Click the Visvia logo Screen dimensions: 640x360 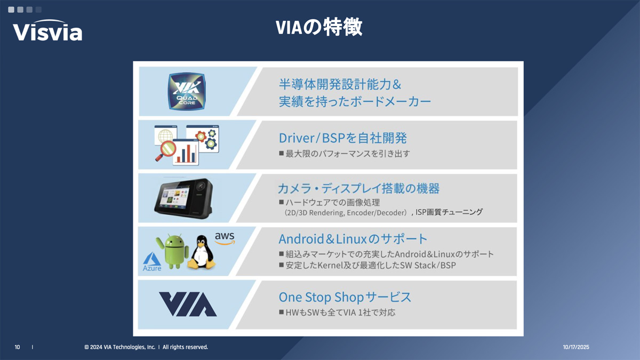[x=47, y=30]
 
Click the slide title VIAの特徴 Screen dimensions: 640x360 [x=319, y=27]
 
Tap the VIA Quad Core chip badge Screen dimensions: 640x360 [x=187, y=91]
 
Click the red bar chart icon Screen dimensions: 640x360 [x=186, y=153]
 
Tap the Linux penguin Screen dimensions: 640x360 [x=201, y=252]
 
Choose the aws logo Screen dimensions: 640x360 [x=225, y=238]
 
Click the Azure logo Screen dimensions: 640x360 [x=151, y=262]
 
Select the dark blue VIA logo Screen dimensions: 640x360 [x=188, y=304]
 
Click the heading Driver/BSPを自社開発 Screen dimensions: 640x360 [x=342, y=138]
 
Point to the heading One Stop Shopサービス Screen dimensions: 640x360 [x=345, y=297]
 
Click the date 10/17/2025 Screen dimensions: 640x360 [x=576, y=347]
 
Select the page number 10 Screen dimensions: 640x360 [x=17, y=347]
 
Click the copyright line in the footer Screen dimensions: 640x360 [x=146, y=347]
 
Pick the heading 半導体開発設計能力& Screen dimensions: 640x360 [x=340, y=84]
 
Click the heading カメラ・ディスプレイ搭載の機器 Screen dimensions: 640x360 [x=358, y=188]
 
